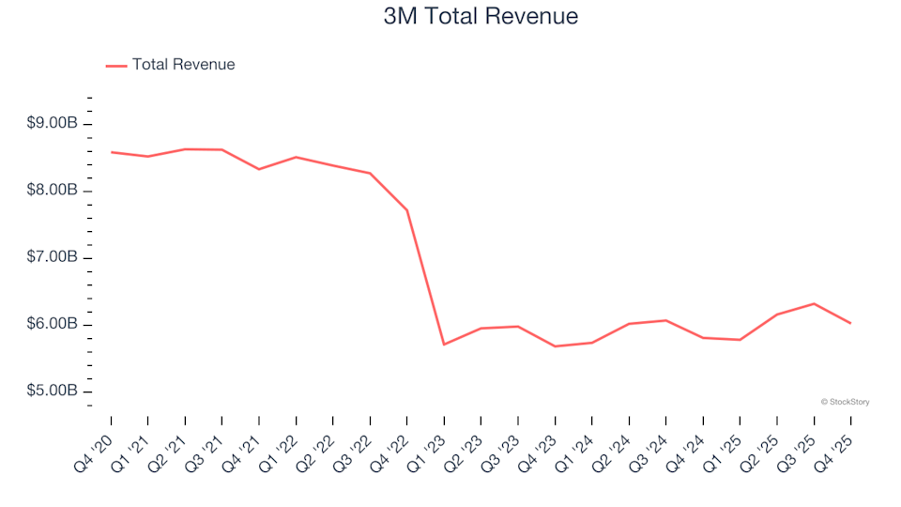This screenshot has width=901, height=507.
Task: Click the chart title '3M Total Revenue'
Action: click(x=481, y=16)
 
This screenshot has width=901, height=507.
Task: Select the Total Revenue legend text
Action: click(x=183, y=65)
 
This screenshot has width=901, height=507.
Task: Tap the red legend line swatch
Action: click(x=116, y=65)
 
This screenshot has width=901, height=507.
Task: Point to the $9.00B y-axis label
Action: click(x=52, y=124)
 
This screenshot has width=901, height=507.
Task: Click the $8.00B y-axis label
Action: click(x=52, y=191)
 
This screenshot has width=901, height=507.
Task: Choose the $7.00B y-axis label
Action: click(x=52, y=257)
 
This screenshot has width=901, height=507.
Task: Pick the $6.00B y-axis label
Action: click(x=52, y=325)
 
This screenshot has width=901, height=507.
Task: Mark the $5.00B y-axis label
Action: click(x=52, y=392)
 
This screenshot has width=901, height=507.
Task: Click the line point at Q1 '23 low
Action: click(x=444, y=345)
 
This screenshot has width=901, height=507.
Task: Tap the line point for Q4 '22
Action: click(x=406, y=209)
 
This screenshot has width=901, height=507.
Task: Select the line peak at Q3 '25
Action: click(x=814, y=303)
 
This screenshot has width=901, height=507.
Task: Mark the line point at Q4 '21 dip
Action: click(x=259, y=169)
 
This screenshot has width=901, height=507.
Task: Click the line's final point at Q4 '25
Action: click(x=850, y=323)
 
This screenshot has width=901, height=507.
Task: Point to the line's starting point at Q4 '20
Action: click(x=111, y=152)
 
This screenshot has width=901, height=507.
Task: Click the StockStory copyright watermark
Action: click(x=845, y=402)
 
